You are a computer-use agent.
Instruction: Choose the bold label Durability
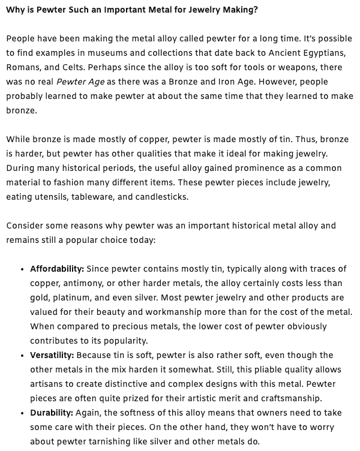(x=52, y=413)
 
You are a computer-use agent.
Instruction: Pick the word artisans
(x=49, y=384)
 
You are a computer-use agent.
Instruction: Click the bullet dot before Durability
(x=22, y=413)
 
